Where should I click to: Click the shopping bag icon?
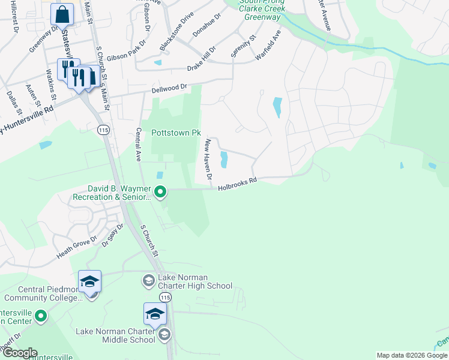[62, 13]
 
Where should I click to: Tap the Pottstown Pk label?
[175, 133]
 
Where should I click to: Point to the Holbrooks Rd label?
[237, 184]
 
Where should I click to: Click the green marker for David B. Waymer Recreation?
[160, 192]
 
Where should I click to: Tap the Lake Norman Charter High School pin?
[148, 280]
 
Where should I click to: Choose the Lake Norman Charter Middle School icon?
[154, 314]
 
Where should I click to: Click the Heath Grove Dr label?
[77, 247]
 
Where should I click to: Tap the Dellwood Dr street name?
[170, 89]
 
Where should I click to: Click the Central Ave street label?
[138, 145]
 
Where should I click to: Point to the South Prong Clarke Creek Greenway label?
[262, 10]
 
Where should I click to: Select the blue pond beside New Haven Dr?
[224, 160]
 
